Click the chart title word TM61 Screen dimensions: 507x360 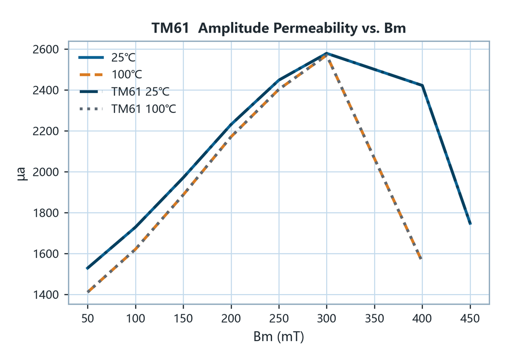point(170,28)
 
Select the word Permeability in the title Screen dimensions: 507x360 point(315,29)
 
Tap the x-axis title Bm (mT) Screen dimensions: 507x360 point(278,337)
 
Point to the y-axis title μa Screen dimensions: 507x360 point(22,174)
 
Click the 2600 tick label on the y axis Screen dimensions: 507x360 point(46,49)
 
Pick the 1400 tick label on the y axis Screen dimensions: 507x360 point(46,295)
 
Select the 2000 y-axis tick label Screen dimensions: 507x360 point(46,172)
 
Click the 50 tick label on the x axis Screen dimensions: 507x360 point(87,319)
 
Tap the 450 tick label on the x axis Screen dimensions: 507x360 point(470,319)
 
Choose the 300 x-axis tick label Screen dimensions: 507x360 point(327,319)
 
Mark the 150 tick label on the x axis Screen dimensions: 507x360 point(183,319)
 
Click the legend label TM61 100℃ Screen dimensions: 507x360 point(144,109)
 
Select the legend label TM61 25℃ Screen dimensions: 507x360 point(140,92)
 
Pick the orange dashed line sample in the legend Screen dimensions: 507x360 point(91,75)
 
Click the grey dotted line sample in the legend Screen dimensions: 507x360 point(91,109)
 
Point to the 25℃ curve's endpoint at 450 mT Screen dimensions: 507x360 point(470,224)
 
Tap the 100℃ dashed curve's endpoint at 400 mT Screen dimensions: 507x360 point(421,259)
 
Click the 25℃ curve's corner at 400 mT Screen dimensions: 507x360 point(422,85)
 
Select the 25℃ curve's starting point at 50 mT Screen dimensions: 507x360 point(87,269)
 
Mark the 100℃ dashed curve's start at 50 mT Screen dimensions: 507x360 point(87,292)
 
